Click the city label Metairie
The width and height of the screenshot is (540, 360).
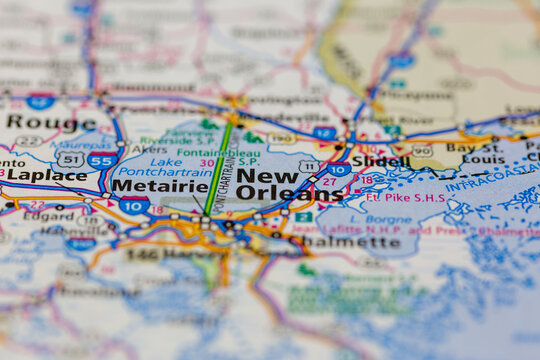[159, 185]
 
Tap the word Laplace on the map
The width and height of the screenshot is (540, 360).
[47, 175]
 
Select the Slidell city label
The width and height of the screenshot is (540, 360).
[380, 161]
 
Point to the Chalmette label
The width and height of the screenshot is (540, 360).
[359, 241]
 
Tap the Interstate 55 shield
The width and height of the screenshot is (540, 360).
[100, 159]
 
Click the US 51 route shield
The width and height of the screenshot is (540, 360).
[70, 159]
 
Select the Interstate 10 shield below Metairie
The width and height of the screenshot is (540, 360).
[134, 204]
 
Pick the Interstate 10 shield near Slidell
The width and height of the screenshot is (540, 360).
[339, 170]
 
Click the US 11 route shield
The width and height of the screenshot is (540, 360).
[309, 166]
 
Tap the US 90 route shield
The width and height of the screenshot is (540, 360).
[422, 150]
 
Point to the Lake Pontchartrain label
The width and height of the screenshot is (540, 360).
[179, 166]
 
